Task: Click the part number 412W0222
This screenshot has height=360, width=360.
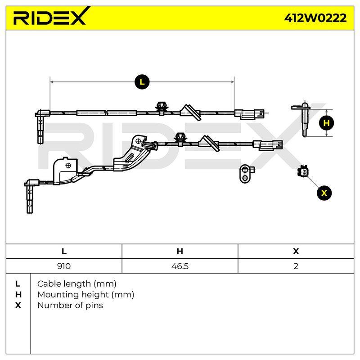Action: tap(315, 18)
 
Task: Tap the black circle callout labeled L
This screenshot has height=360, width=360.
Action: tap(142, 82)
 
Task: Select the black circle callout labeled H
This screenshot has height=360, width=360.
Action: tap(326, 123)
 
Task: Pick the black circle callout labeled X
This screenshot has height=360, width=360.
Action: tap(324, 193)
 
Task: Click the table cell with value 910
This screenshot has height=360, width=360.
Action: tap(64, 266)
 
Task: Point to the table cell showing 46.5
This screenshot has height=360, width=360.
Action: tap(180, 266)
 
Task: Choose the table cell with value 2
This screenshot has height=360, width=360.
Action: tap(296, 266)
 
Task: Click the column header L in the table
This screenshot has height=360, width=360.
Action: tap(64, 251)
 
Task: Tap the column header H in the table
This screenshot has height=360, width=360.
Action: tap(180, 251)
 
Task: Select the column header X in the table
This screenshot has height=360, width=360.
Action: tap(296, 251)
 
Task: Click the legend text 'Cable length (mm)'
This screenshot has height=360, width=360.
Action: tap(76, 284)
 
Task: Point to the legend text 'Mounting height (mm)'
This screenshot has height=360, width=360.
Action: tap(85, 295)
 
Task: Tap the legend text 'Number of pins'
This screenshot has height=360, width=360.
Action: tap(70, 306)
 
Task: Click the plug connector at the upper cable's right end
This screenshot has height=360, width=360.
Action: tap(249, 114)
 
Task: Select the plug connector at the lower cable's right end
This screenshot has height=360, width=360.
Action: tap(268, 145)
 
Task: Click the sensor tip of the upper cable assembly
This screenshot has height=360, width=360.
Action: tap(40, 129)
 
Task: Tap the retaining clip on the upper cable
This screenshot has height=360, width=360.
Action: tap(162, 108)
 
